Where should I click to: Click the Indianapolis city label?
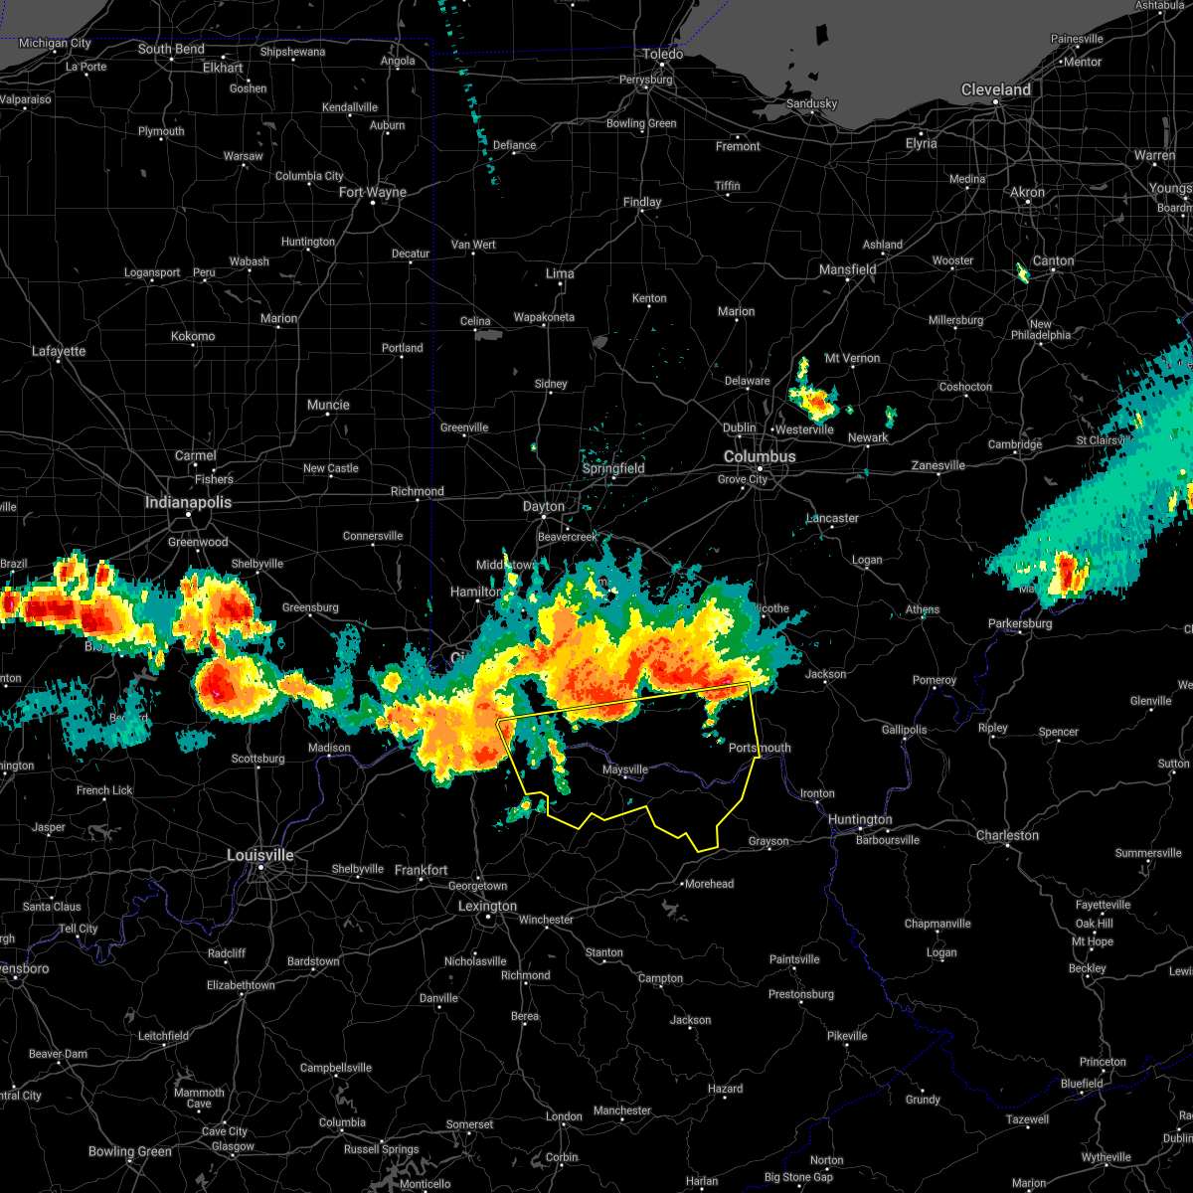(x=188, y=502)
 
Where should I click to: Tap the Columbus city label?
(x=759, y=456)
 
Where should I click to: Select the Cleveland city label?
(x=995, y=89)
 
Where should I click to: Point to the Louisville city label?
(x=259, y=855)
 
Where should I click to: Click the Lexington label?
(x=487, y=906)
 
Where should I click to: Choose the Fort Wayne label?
(x=373, y=192)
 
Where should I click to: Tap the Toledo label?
(x=662, y=54)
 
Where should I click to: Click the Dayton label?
(x=544, y=506)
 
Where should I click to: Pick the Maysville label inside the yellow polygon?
(x=624, y=769)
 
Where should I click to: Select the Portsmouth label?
(x=760, y=748)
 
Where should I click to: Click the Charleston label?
(x=1007, y=835)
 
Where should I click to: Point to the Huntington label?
(x=860, y=819)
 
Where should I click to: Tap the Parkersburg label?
(x=1020, y=623)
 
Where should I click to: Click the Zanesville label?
(x=938, y=465)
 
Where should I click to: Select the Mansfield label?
(x=847, y=269)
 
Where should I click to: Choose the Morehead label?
(x=709, y=884)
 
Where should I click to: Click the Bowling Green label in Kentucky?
(x=130, y=1151)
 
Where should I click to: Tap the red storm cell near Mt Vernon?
(x=817, y=403)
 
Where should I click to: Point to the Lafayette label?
(x=59, y=351)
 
